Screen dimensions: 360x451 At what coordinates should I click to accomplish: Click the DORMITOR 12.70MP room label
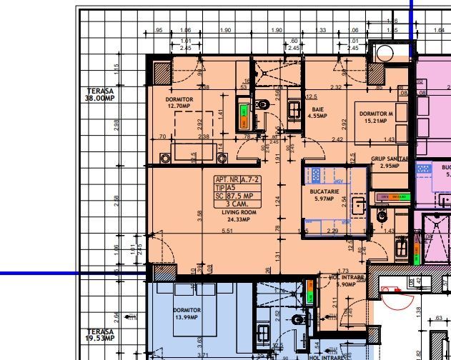point(179,103)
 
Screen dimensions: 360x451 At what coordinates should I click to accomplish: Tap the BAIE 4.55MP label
point(317,111)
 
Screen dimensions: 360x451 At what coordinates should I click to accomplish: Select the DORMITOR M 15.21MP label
point(376,117)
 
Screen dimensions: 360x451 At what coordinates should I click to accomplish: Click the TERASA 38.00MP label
point(100,94)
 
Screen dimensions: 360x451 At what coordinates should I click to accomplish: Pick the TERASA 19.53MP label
point(100,334)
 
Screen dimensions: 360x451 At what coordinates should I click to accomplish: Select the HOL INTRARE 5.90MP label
point(346,281)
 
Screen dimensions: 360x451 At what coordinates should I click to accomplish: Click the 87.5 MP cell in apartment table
point(243,196)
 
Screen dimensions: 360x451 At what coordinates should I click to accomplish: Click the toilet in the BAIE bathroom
point(262,105)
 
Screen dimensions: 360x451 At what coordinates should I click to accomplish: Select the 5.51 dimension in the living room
point(227,231)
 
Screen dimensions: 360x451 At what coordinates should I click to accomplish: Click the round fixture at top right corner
point(386,52)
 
